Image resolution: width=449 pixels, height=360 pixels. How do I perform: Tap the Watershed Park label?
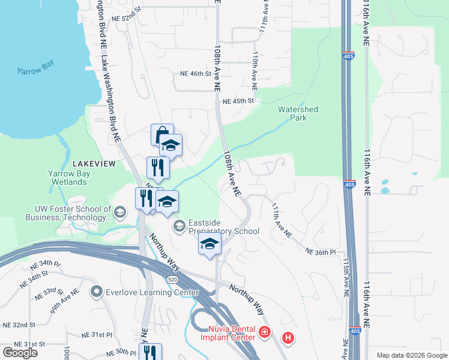[x=298, y=114]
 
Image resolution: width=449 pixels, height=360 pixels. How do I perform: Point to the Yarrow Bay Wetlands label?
[x=69, y=178]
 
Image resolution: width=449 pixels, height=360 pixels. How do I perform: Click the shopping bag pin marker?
[x=162, y=134]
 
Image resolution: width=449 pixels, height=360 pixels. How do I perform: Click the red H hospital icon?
[x=288, y=338]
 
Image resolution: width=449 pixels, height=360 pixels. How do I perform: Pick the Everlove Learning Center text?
[x=152, y=292]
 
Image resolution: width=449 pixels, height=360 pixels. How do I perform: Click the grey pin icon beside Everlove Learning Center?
[x=96, y=292]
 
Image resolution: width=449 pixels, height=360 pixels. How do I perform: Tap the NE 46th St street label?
[x=196, y=74]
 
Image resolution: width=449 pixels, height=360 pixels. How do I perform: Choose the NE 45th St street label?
[x=238, y=101]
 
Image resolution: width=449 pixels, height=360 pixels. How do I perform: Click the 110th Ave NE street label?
[x=255, y=71]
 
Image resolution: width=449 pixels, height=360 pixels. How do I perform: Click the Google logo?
[x=20, y=353]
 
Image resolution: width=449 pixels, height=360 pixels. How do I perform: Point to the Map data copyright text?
[x=411, y=355]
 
